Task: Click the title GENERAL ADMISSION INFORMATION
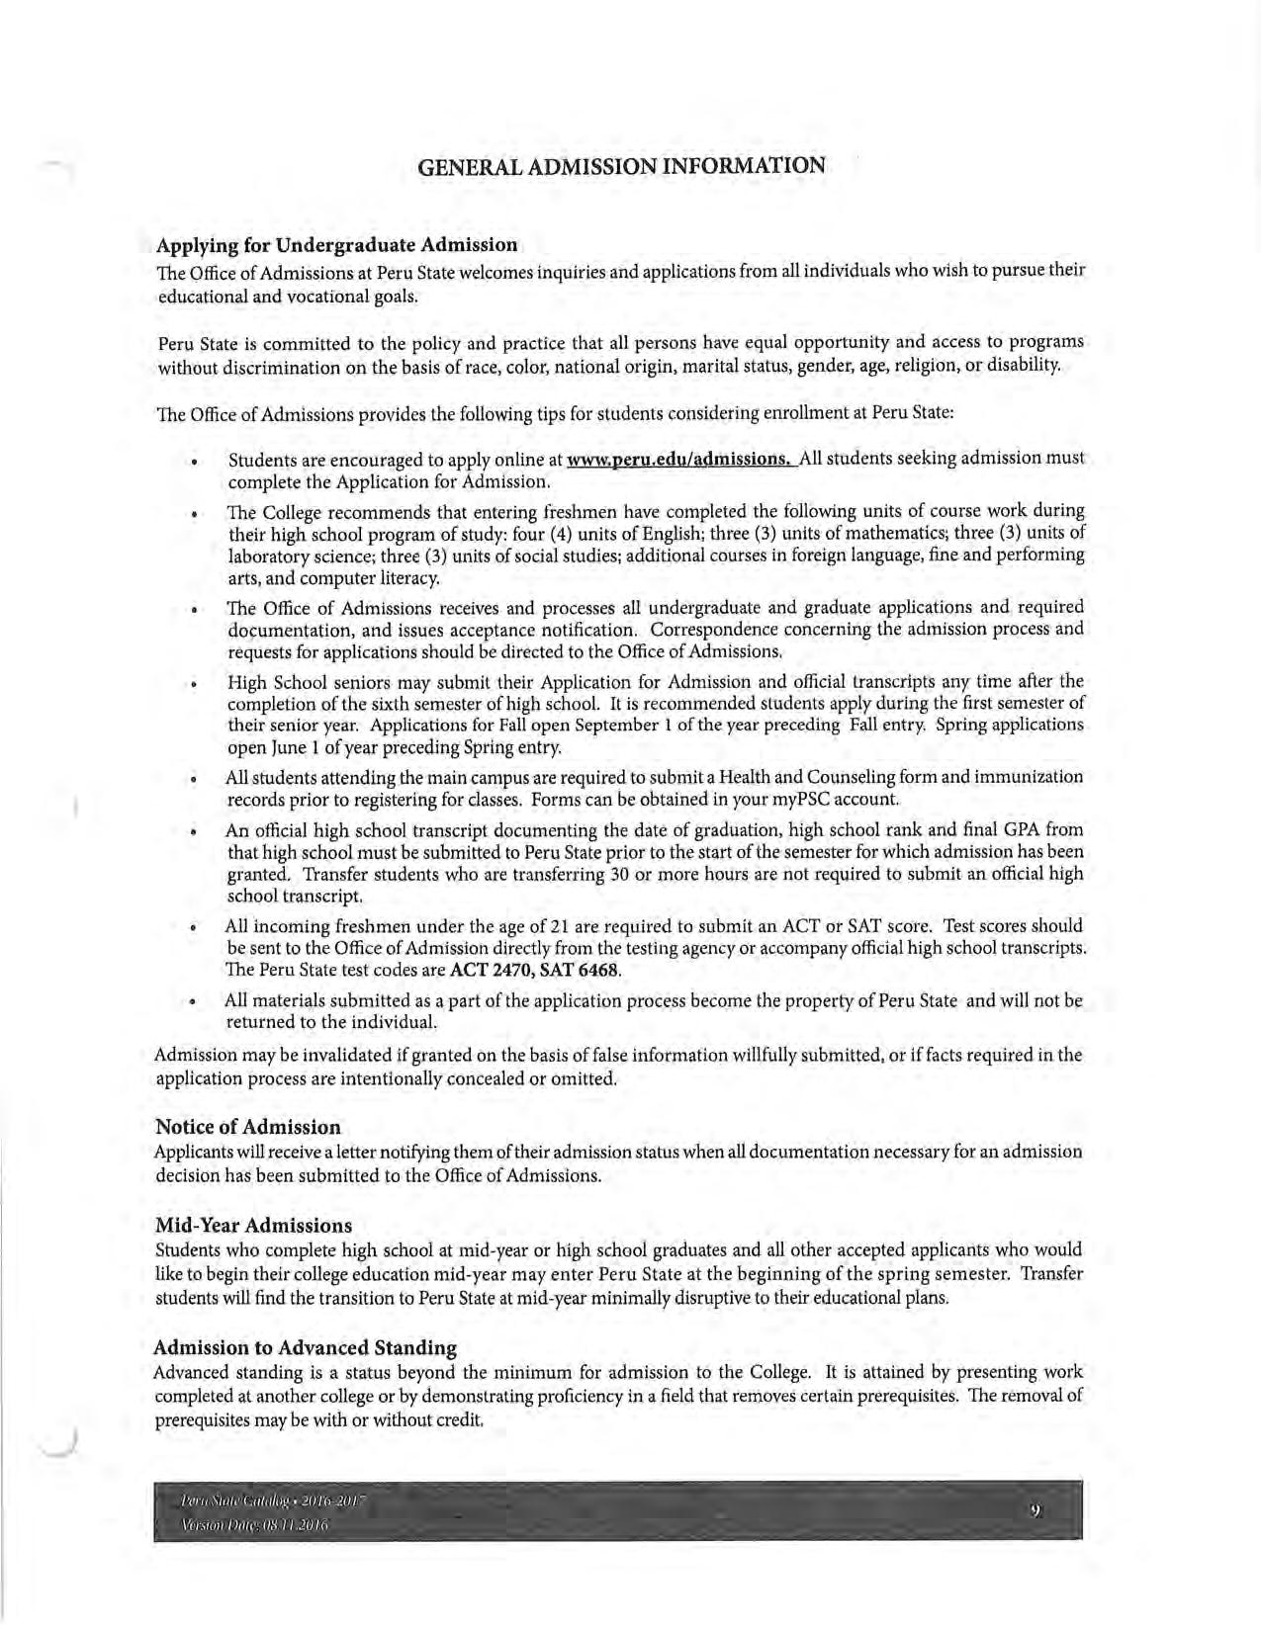(x=622, y=165)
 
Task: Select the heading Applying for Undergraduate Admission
(x=336, y=244)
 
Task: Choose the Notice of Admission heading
(x=248, y=1127)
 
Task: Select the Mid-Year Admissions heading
(x=253, y=1226)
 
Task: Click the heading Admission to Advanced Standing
(x=306, y=1347)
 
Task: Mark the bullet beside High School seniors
(x=196, y=683)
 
